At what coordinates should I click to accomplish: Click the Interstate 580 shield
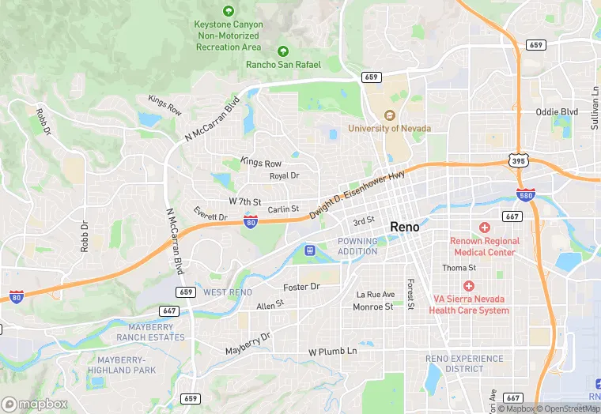click(x=524, y=194)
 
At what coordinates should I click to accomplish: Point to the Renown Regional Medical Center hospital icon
click(x=485, y=227)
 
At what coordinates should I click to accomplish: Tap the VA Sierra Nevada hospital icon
click(x=469, y=285)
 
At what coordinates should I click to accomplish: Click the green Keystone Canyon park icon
click(x=229, y=11)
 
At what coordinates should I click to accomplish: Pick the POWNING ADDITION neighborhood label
click(x=357, y=246)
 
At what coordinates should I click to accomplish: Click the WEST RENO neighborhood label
click(x=228, y=292)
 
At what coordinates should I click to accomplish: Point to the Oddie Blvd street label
click(x=557, y=112)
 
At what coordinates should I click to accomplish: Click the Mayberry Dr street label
click(x=248, y=343)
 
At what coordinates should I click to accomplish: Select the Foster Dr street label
click(x=301, y=286)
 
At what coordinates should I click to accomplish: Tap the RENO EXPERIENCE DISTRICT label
click(x=464, y=363)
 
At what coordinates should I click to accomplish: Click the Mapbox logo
click(x=35, y=404)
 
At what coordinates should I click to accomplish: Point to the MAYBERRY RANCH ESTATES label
click(x=150, y=332)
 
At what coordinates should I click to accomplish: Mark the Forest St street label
click(x=410, y=294)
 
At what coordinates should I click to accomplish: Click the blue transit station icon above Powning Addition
click(x=311, y=250)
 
